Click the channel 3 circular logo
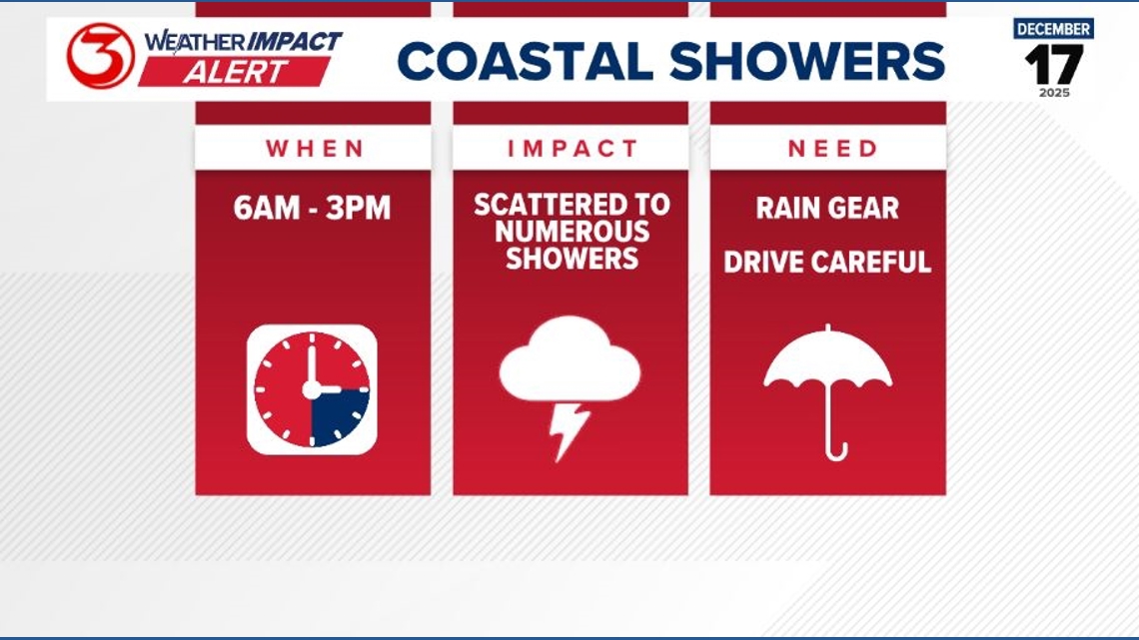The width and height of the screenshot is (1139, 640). pyautogui.click(x=100, y=57)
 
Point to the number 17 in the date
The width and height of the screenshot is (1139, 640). pyautogui.click(x=1053, y=65)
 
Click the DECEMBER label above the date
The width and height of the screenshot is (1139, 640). pyautogui.click(x=1053, y=28)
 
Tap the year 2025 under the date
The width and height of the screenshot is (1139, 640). pyautogui.click(x=1053, y=93)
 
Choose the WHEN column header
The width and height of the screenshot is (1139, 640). pyautogui.click(x=314, y=149)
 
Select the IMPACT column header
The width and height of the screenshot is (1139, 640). pyautogui.click(x=571, y=149)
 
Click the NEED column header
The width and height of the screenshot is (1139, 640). pyautogui.click(x=828, y=149)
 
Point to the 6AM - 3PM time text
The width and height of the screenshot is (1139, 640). pyautogui.click(x=313, y=209)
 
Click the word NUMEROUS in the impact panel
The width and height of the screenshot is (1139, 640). pyautogui.click(x=571, y=232)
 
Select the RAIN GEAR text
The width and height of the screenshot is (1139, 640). pyautogui.click(x=827, y=209)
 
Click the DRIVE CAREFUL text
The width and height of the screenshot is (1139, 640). pyautogui.click(x=827, y=262)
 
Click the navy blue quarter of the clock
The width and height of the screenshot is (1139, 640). pyautogui.click(x=338, y=413)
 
